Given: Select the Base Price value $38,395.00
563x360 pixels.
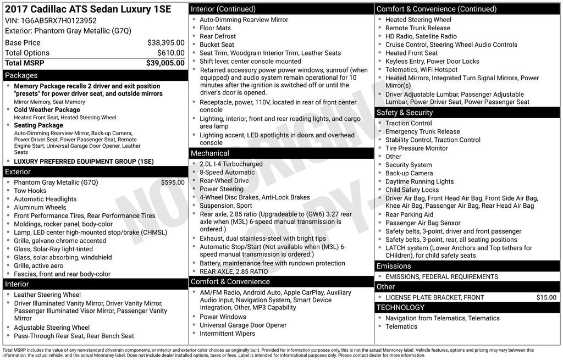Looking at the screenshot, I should [165, 42].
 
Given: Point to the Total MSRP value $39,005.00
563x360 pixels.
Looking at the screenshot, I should [165, 63].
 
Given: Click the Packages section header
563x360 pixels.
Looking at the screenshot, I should [21, 75].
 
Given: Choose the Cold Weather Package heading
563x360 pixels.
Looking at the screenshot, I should [47, 110].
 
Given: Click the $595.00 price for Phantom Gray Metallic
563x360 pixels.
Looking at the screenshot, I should [173, 182].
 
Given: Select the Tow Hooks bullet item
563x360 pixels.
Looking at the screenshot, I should [30, 191].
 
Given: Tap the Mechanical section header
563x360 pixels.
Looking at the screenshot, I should [209, 153].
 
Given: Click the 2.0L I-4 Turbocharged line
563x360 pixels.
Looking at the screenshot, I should [231, 164].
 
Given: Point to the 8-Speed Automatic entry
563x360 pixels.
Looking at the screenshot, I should [227, 172].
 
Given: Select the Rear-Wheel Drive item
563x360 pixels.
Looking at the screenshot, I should [224, 180].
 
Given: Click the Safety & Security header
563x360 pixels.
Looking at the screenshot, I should [404, 112].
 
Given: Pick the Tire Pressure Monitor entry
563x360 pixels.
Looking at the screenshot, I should [416, 148].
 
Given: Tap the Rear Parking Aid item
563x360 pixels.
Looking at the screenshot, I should [409, 214].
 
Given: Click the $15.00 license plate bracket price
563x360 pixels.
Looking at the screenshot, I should [546, 297].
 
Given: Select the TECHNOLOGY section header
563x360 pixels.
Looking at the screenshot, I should [400, 307].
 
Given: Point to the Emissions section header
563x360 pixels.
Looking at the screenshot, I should [394, 266].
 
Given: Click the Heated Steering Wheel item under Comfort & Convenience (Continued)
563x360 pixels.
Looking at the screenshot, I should [418, 20].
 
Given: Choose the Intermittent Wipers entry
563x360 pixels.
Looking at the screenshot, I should [227, 333].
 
